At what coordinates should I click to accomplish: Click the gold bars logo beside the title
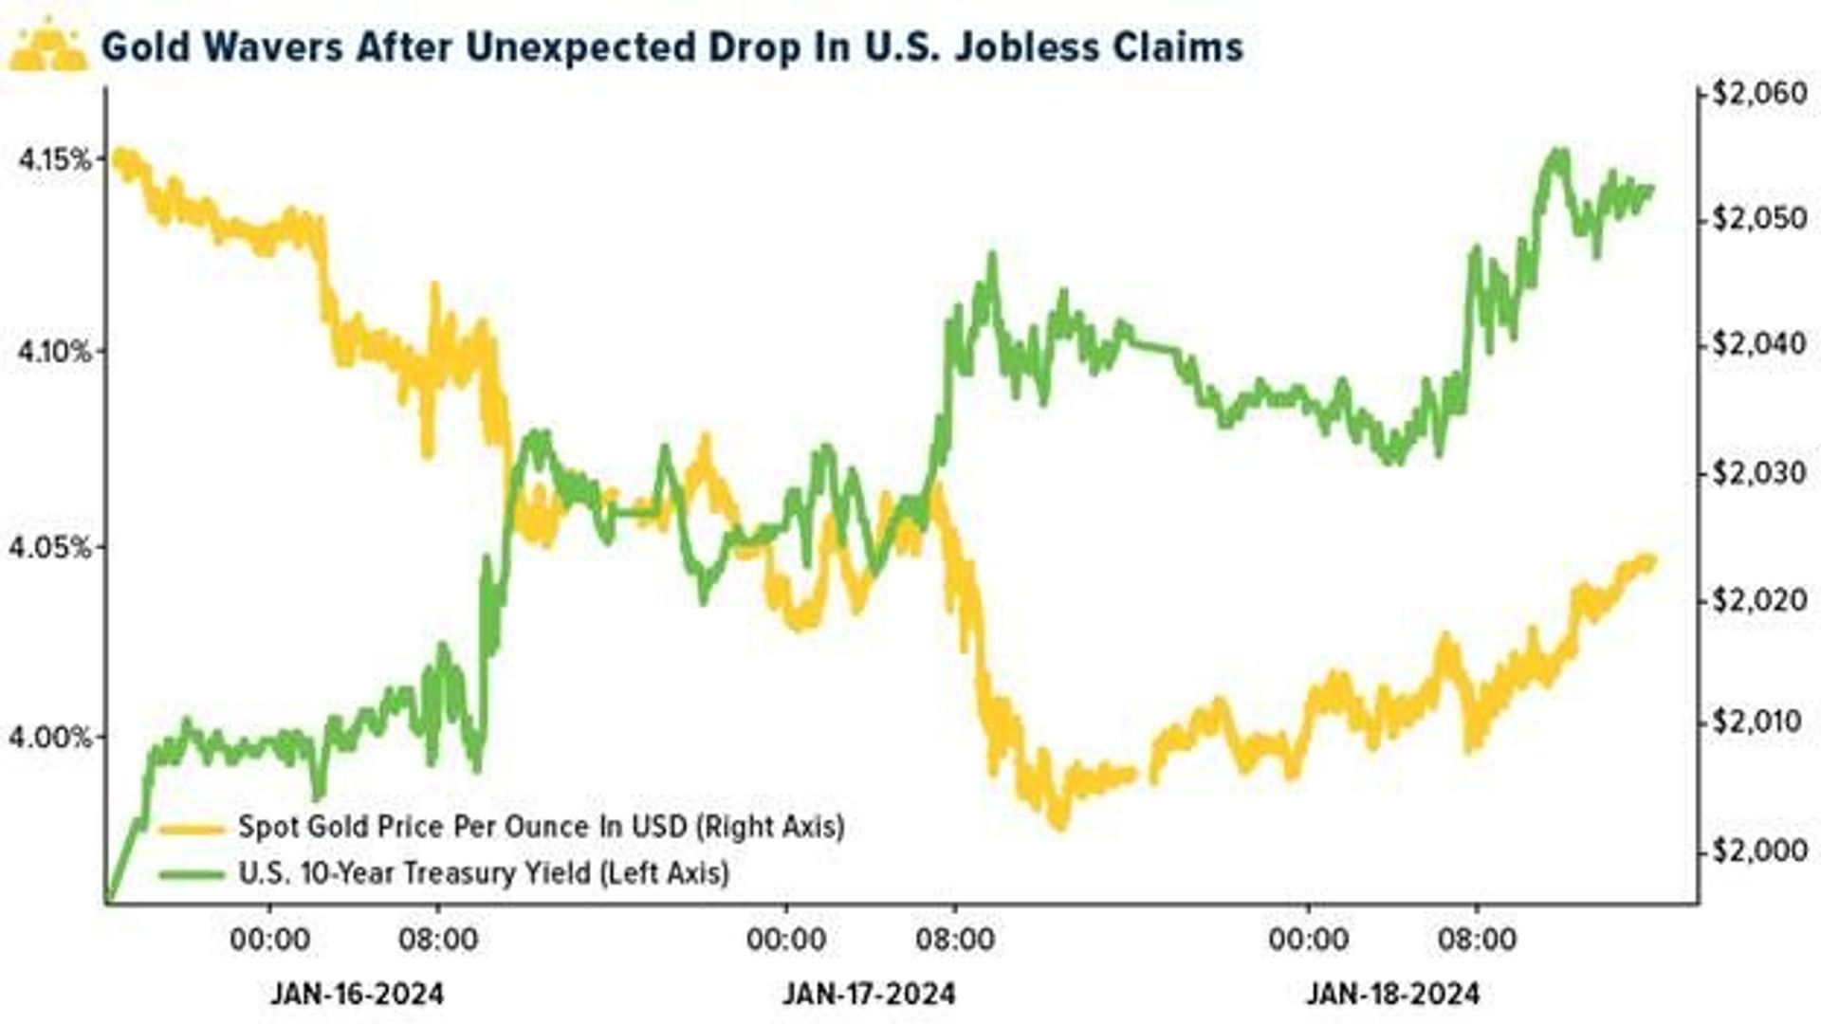pyautogui.click(x=47, y=47)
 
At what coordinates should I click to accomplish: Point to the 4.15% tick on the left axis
pyautogui.click(x=55, y=159)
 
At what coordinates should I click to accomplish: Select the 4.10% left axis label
pyautogui.click(x=55, y=353)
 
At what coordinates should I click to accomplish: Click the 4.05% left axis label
pyautogui.click(x=51, y=548)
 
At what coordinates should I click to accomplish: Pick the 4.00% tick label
pyautogui.click(x=51, y=738)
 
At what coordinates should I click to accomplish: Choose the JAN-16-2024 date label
pyautogui.click(x=357, y=994)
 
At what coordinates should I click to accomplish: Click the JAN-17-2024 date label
pyautogui.click(x=869, y=994)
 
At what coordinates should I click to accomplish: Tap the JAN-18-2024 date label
pyautogui.click(x=1392, y=994)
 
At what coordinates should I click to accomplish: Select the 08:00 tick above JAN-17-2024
pyautogui.click(x=954, y=940)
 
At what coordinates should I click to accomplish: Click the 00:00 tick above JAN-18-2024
pyautogui.click(x=1308, y=940)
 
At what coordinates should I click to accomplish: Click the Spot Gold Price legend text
pyautogui.click(x=541, y=827)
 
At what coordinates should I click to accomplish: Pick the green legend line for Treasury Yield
pyautogui.click(x=192, y=873)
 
